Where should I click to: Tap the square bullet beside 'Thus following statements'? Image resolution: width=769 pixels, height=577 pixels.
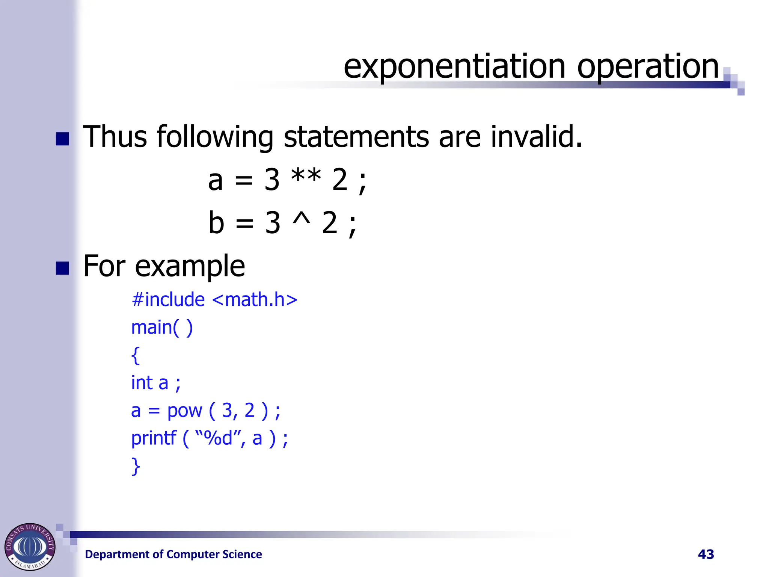tap(62, 139)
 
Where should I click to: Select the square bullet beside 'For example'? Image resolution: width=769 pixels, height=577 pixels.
tap(62, 268)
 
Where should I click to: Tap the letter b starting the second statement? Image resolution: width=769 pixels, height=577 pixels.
tap(216, 222)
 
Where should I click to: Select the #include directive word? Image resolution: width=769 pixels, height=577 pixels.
tap(168, 300)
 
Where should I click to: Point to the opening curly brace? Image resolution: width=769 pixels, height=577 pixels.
tap(136, 355)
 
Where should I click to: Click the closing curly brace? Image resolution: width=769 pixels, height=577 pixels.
tap(136, 466)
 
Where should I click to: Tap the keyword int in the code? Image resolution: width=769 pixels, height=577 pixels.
tap(142, 383)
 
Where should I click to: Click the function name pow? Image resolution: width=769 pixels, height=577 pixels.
tap(184, 411)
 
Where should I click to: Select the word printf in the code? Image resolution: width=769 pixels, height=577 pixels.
tap(154, 438)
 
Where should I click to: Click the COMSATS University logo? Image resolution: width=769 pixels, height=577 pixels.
tap(30, 547)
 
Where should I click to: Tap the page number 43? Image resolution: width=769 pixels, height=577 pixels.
tap(706, 554)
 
